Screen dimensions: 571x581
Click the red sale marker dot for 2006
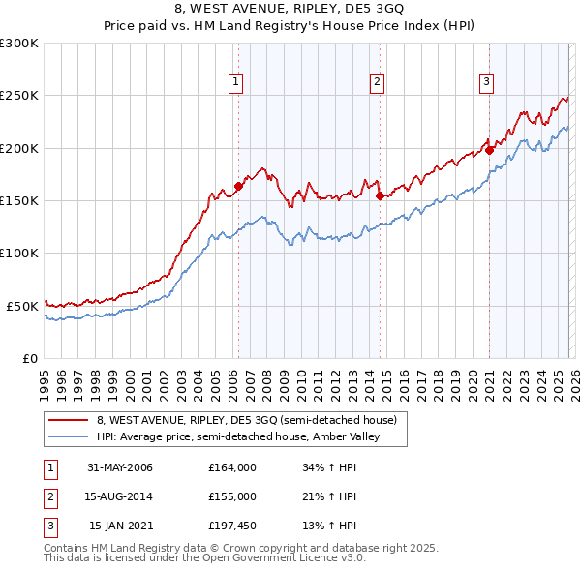(x=238, y=186)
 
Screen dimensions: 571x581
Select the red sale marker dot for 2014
(x=380, y=195)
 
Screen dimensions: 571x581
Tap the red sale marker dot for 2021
(x=490, y=150)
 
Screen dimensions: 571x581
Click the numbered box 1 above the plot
(x=236, y=82)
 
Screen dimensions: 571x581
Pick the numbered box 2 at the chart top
(x=376, y=82)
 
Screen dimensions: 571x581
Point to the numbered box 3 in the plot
(x=486, y=82)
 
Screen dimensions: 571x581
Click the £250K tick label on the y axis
(x=19, y=96)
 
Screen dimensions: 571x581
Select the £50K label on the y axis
(x=22, y=306)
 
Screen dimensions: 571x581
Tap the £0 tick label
(x=29, y=358)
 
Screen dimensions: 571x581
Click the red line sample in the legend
(x=69, y=420)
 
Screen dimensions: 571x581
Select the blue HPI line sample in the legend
(x=69, y=436)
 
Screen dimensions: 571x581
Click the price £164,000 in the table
(x=232, y=467)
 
